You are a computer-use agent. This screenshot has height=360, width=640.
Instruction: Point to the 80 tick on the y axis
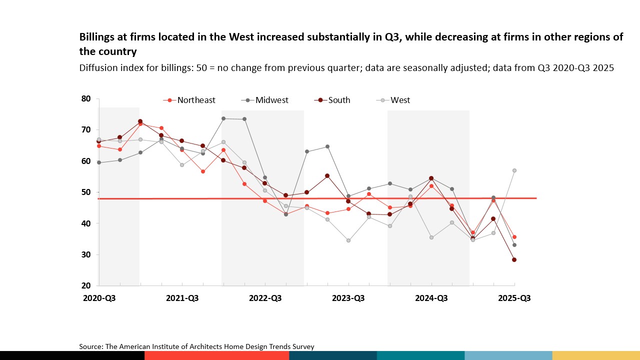click(86, 99)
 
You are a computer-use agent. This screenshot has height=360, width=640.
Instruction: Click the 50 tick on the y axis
click(86, 192)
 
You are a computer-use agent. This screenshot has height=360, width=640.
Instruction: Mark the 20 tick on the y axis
click(86, 285)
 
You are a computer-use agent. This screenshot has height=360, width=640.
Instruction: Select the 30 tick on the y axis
click(86, 254)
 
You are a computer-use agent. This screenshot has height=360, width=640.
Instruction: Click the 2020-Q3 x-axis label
click(99, 298)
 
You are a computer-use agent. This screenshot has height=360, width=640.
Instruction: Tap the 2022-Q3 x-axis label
click(265, 298)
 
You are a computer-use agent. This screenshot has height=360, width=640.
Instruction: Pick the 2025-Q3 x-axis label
click(514, 298)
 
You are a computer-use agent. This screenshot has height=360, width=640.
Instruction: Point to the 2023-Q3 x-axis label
click(348, 298)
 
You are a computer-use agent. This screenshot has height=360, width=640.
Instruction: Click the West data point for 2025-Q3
click(514, 170)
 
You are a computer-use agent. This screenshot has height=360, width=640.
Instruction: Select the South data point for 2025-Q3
click(514, 259)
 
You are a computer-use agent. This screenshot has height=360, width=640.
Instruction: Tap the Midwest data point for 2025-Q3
click(514, 245)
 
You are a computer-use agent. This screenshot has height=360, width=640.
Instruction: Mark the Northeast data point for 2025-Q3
click(514, 237)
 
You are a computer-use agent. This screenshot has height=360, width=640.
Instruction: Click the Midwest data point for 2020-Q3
click(99, 162)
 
